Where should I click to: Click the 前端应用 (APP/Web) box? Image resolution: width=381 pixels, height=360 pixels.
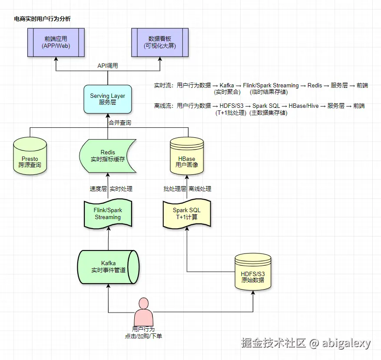click(56, 42)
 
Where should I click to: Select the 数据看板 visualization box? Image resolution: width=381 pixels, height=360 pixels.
click(160, 42)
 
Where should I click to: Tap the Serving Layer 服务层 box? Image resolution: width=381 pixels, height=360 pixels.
click(107, 99)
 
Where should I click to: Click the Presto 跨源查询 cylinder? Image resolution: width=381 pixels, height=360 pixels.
click(30, 157)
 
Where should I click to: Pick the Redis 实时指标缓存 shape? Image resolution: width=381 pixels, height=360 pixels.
click(108, 156)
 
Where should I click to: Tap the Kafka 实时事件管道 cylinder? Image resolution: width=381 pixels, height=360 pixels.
click(108, 267)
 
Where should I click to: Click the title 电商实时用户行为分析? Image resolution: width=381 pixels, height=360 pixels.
click(43, 19)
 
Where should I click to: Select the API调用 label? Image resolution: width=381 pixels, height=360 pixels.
click(107, 66)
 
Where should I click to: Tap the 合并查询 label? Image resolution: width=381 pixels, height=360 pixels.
click(120, 123)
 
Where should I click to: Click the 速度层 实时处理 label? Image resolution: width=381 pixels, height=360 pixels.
click(111, 189)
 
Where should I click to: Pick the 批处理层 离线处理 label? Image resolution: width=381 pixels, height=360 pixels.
click(187, 189)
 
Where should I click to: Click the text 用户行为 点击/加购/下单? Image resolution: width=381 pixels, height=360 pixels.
click(143, 333)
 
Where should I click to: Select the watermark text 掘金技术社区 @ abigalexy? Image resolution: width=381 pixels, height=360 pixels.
click(306, 343)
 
